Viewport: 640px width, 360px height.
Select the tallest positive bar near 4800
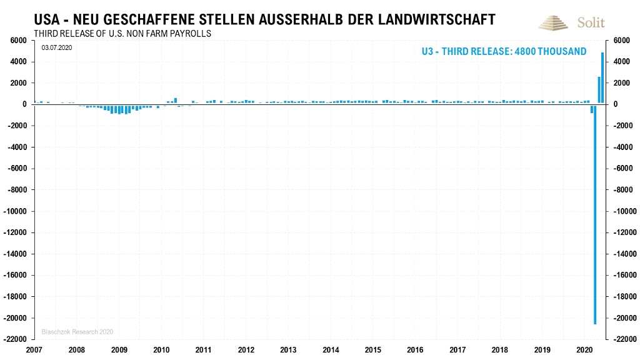coord(602,78)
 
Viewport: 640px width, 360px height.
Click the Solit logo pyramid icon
coord(554,22)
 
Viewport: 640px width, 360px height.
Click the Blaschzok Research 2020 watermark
coord(77,331)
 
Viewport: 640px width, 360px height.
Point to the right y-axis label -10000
coord(626,211)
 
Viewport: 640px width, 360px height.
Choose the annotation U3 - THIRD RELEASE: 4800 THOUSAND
coord(504,51)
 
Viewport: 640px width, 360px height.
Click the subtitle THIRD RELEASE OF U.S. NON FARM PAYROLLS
coord(122,33)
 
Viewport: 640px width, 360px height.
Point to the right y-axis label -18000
coord(626,297)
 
